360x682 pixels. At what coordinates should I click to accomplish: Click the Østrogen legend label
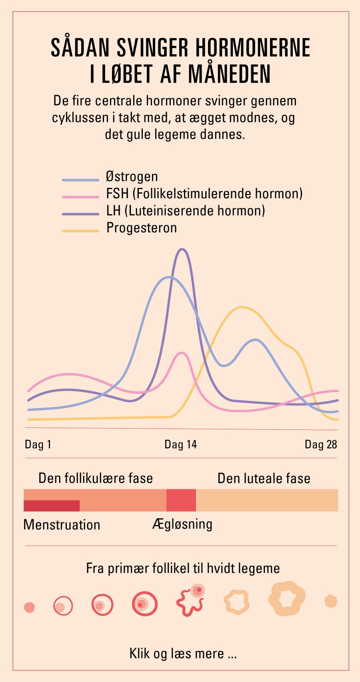coord(132,177)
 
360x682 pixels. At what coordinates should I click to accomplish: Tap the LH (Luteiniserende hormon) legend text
coord(185,211)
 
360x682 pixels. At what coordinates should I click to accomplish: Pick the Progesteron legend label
coord(141,228)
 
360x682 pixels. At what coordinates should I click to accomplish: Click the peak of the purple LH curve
coord(182,249)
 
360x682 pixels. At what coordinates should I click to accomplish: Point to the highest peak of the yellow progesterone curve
coord(242,307)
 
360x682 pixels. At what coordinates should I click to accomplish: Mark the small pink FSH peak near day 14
coord(182,353)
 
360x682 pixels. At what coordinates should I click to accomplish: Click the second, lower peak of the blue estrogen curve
coord(256,340)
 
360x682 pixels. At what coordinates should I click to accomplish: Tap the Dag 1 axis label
coord(38,445)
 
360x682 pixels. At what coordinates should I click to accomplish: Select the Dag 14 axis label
coord(180,445)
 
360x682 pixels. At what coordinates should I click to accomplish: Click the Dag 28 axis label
coord(321,445)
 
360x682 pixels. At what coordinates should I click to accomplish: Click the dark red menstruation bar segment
coord(52,506)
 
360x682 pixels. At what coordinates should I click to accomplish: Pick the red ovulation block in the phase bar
coord(181,500)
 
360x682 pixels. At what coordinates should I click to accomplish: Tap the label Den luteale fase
coord(264,478)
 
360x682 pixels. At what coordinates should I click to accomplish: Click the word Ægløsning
coord(182,524)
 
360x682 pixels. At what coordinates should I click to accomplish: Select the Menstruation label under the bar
coord(62,524)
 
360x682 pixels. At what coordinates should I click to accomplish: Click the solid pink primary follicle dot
coord(29,607)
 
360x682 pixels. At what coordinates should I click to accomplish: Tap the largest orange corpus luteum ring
coord(287,598)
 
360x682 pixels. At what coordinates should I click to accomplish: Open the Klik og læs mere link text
coord(183,653)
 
